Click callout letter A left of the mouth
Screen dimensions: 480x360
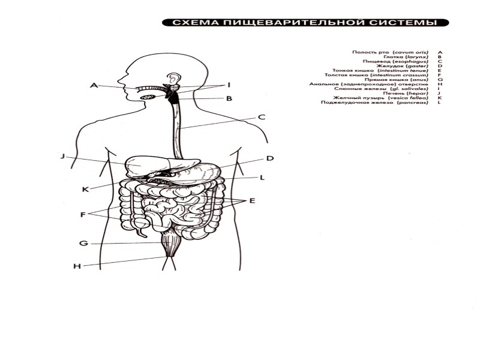(94, 85)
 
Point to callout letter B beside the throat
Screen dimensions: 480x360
(229, 98)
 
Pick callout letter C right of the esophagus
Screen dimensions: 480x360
(262, 117)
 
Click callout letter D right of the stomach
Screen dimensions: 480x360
(270, 158)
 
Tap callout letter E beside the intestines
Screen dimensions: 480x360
(252, 200)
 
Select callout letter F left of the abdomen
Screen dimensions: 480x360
(83, 214)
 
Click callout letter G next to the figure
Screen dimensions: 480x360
(84, 244)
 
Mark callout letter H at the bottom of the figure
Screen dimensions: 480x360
(77, 266)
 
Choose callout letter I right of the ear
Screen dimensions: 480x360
(228, 85)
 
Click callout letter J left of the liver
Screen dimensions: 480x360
(62, 157)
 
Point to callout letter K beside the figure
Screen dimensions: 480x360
(85, 189)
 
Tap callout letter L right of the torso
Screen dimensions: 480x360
(262, 178)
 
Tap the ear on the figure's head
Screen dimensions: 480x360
(174, 79)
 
